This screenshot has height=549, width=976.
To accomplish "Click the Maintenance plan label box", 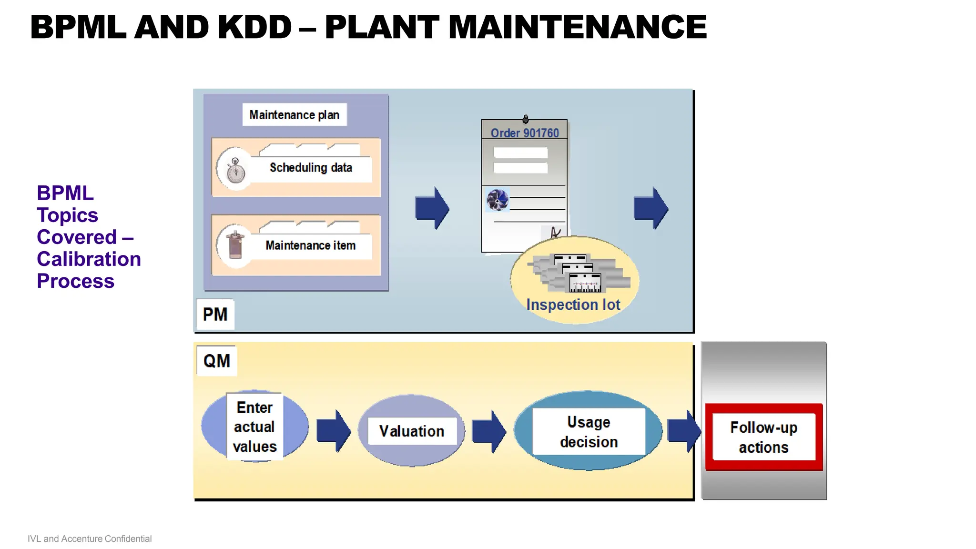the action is [295, 115].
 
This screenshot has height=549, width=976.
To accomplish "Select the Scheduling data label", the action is [311, 168].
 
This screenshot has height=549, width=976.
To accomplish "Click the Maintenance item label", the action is [311, 245].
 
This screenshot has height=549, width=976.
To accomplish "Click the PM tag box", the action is [215, 315].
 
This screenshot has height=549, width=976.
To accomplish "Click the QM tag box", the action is [217, 361].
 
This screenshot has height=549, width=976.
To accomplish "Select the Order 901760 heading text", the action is [525, 133].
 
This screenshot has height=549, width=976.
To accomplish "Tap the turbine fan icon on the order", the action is [498, 200].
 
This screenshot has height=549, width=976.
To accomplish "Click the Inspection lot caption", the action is [573, 305].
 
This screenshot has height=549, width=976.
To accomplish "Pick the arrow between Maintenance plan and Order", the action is [432, 208].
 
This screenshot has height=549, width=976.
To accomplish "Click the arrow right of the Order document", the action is [651, 208].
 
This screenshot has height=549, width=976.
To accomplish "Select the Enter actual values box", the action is [254, 427].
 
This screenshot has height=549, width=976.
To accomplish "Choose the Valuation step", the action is [412, 431].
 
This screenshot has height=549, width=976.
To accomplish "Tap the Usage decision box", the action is [589, 432].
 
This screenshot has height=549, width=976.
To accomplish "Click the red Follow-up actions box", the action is [764, 437].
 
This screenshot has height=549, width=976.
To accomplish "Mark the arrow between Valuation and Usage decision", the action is [489, 431].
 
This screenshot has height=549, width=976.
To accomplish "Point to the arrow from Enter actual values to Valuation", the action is [334, 431].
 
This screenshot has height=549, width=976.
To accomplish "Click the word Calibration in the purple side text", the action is [89, 259].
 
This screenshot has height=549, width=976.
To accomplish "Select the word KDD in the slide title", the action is [254, 27].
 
